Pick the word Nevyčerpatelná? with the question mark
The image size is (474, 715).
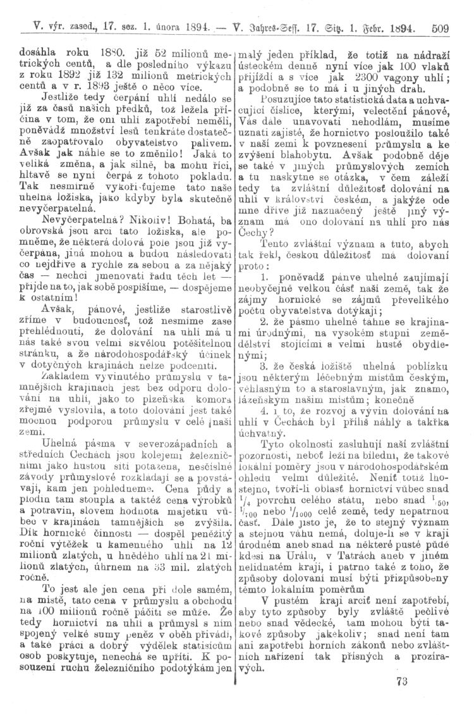tap(70, 223)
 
